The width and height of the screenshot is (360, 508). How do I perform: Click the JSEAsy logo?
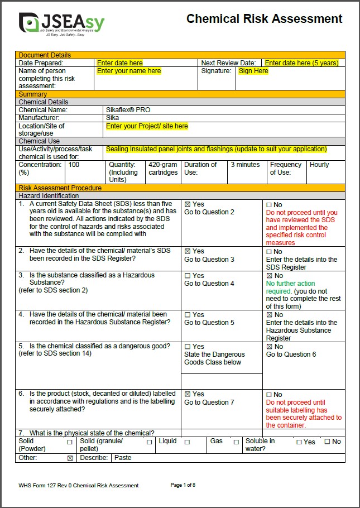61,23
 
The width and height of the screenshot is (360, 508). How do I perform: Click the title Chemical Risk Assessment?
264,19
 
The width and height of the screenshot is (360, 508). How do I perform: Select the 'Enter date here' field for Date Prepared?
120,63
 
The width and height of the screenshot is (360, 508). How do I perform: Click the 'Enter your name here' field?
129,71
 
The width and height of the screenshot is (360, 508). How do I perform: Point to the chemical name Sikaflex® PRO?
128,110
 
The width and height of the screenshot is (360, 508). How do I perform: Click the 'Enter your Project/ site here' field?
147,126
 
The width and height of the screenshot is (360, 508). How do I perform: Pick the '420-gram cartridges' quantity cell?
162,169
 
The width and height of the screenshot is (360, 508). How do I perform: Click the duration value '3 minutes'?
245,165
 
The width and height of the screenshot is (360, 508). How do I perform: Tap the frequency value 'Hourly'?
319,165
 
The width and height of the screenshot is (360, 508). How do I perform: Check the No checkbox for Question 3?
269,276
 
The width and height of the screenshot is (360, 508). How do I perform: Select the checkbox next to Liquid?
187,442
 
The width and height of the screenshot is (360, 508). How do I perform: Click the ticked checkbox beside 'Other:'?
70,458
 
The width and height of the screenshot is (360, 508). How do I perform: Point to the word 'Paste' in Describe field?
123,458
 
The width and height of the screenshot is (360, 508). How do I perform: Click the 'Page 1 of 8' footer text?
183,485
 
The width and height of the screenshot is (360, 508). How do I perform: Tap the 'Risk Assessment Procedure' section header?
60,188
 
